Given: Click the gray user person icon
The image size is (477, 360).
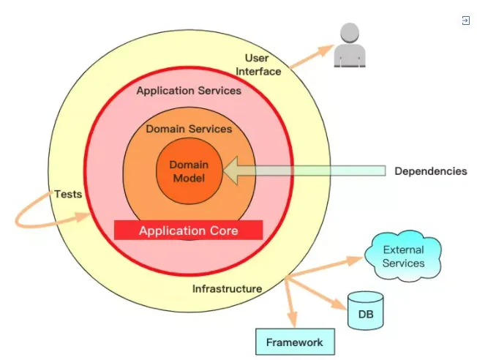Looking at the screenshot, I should pyautogui.click(x=348, y=45).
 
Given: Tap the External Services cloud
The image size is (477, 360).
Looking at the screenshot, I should pyautogui.click(x=404, y=257).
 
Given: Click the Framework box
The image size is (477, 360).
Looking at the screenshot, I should pyautogui.click(x=294, y=342).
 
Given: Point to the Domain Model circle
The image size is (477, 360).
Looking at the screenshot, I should pyautogui.click(x=189, y=171).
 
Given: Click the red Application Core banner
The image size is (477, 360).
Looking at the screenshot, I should pyautogui.click(x=189, y=230).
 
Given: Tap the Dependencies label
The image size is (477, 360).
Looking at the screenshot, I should pyautogui.click(x=430, y=171).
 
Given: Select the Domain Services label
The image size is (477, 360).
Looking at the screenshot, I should pyautogui.click(x=189, y=129).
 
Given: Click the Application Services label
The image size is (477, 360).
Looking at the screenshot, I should pyautogui.click(x=189, y=91).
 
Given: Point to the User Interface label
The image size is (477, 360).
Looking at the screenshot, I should pyautogui.click(x=258, y=64).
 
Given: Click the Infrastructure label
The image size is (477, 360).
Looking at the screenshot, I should pyautogui.click(x=227, y=288).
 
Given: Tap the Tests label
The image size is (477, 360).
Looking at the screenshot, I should pyautogui.click(x=67, y=195).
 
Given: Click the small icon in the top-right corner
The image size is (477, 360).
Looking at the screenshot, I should pyautogui.click(x=465, y=20).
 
